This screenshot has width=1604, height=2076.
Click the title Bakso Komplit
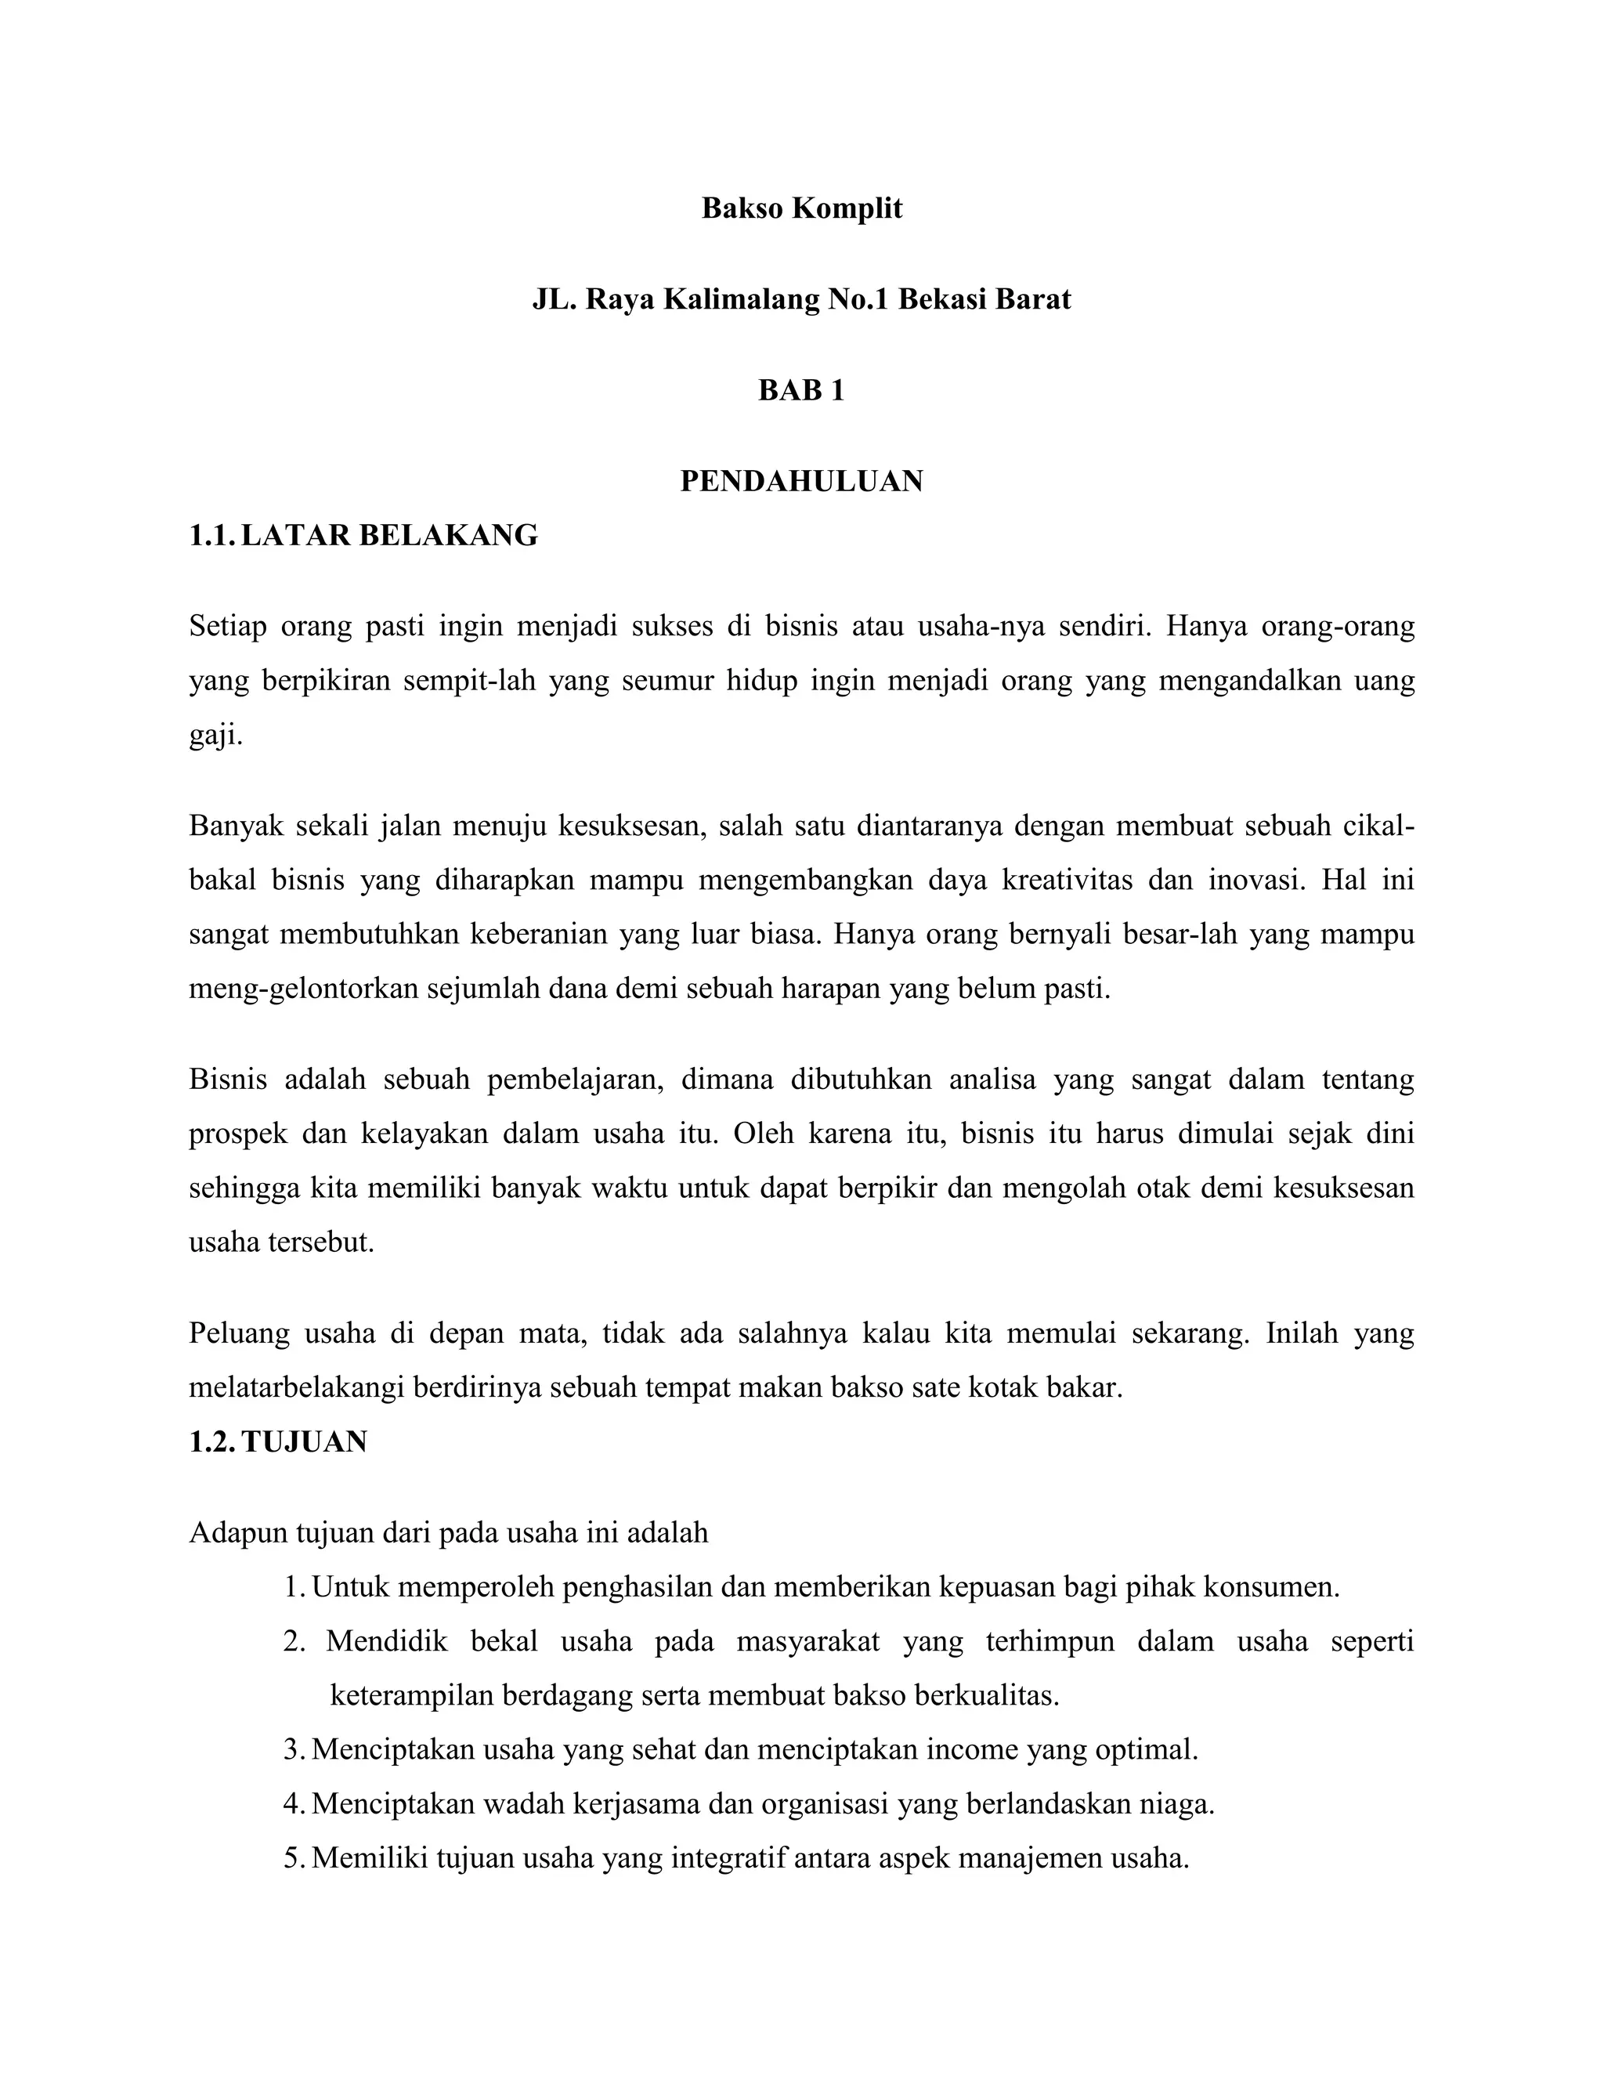(x=801, y=208)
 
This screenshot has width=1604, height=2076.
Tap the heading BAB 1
(x=801, y=391)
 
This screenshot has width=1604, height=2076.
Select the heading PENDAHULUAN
(x=801, y=482)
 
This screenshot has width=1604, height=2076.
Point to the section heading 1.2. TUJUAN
(x=277, y=1442)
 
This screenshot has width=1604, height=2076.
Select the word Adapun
(x=239, y=1533)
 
